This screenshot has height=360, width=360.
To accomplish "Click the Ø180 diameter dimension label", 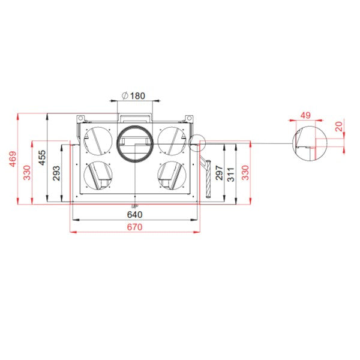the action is point(133,95).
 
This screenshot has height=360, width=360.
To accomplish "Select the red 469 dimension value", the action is point(13,158).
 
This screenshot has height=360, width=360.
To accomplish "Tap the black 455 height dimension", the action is point(42,157).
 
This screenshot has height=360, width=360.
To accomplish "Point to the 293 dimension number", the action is point(56,173).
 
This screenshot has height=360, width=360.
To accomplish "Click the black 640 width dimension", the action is point(135,215).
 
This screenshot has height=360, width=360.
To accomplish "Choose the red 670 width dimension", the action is point(135,227).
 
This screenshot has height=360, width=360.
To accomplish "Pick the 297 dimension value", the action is point(219,173).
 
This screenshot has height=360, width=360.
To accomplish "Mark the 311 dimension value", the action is point(231,175).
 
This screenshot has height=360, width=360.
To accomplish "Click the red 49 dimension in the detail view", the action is point(305,115).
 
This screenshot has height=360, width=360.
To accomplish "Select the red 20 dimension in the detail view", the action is point(339,127).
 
